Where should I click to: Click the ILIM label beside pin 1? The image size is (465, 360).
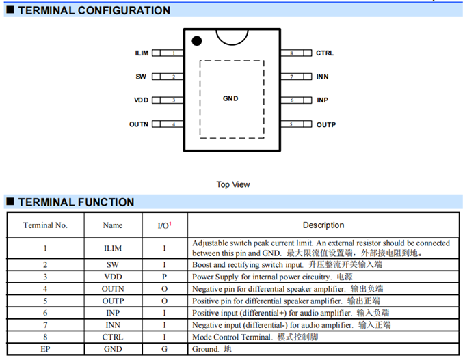(142, 53)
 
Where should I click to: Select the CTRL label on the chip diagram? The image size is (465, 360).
(325, 53)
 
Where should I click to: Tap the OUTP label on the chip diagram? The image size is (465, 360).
(325, 124)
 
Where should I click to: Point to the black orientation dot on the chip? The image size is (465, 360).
(197, 41)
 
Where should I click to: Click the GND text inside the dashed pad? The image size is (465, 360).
(230, 99)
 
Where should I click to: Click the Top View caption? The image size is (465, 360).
(233, 184)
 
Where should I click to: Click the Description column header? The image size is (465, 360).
(323, 225)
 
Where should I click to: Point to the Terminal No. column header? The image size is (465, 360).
(45, 225)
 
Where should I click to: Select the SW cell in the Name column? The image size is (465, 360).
(113, 264)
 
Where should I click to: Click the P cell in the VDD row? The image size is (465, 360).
(164, 277)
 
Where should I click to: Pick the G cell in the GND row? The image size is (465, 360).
(164, 349)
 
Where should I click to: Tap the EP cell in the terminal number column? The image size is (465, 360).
(45, 349)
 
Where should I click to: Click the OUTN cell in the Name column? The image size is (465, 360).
(113, 289)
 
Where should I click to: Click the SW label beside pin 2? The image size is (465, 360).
(141, 77)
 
